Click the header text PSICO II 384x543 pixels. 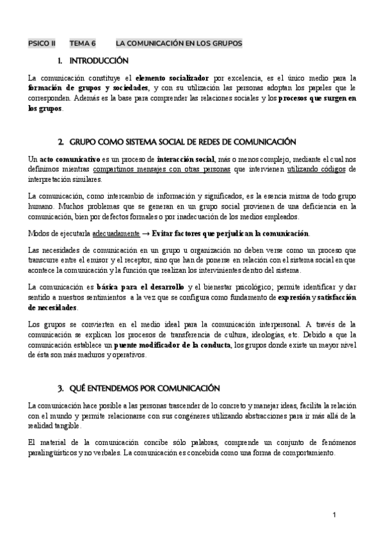[x=42, y=44]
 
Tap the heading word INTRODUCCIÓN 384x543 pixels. [x=99, y=61]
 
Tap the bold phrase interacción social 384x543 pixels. [x=186, y=158]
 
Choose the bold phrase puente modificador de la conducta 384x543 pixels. [x=170, y=345]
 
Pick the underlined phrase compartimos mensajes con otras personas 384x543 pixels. [x=163, y=168]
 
